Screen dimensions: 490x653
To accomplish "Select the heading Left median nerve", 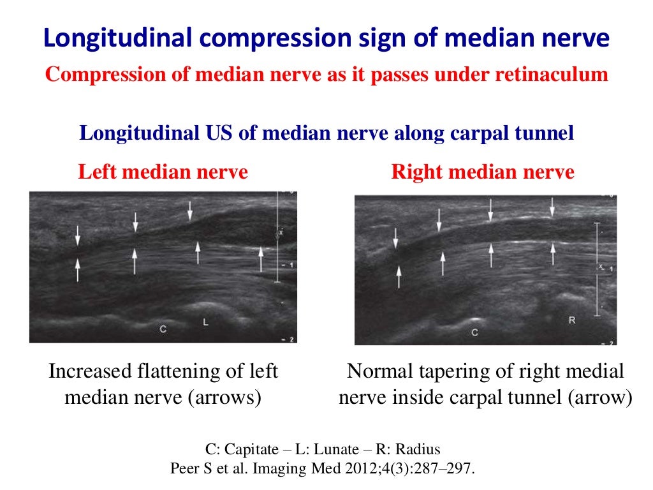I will click(163, 172).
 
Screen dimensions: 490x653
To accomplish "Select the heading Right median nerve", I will click(482, 172).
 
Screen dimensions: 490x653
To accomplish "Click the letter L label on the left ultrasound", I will click(205, 323).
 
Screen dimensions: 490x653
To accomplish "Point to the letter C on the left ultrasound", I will click(163, 329).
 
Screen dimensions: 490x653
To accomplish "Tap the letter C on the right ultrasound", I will click(474, 332).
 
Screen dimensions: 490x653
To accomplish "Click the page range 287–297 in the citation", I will click(439, 468).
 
